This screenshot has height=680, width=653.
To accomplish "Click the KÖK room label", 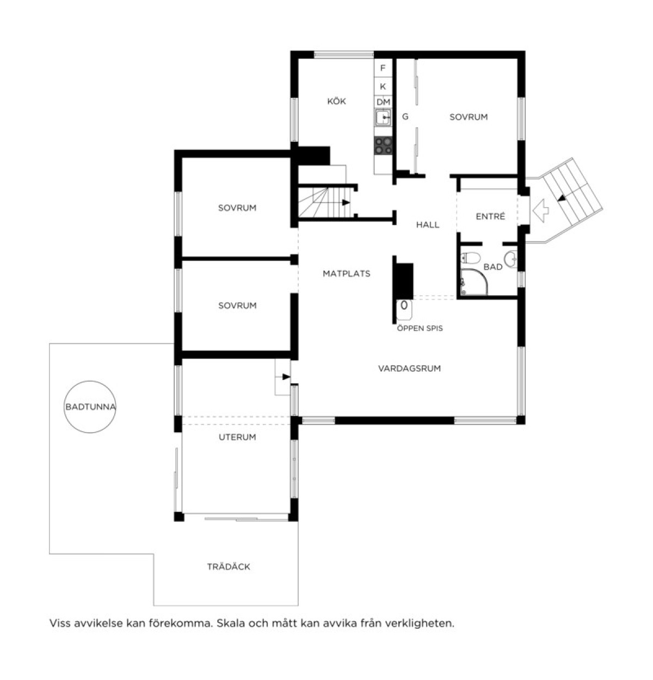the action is (x=336, y=101).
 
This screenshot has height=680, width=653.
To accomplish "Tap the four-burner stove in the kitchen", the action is (x=383, y=146).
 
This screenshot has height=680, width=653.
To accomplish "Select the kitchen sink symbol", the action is (x=383, y=117).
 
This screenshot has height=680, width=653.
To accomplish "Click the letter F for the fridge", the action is (x=383, y=68).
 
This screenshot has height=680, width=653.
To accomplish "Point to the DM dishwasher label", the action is (x=383, y=102).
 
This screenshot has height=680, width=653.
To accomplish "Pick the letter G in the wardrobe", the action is (x=405, y=116).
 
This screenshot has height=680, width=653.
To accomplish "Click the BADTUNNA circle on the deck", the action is (x=90, y=407).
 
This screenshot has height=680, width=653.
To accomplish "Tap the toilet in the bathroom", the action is (x=470, y=258).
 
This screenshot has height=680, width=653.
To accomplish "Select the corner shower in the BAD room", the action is (x=474, y=282).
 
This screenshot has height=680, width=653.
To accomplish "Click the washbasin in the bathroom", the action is (x=510, y=259).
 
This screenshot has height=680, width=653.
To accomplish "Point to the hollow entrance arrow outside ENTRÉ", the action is (x=540, y=210).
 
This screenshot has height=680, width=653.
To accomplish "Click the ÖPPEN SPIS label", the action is (x=420, y=328).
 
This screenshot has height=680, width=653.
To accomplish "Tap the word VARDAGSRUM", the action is (x=409, y=369).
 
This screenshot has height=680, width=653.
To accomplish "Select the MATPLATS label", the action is (x=346, y=273).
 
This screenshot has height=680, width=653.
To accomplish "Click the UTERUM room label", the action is (x=237, y=437).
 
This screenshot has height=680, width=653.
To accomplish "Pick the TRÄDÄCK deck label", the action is (x=229, y=567).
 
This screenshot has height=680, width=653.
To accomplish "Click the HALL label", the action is (x=427, y=224).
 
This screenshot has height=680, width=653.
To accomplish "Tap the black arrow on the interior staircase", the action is (x=346, y=202).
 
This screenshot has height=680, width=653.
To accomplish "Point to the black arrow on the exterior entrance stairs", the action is (x=562, y=198).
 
